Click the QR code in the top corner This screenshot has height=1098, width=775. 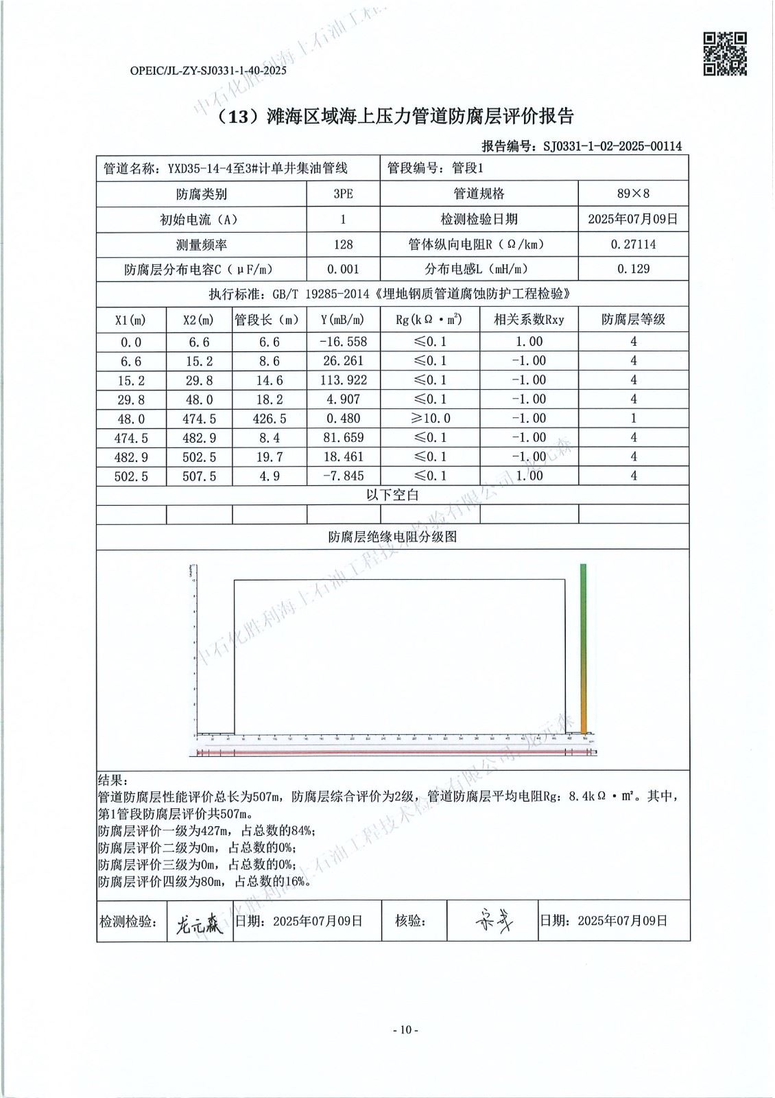[x=725, y=54]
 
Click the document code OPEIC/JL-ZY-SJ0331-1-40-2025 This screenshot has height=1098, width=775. [x=207, y=71]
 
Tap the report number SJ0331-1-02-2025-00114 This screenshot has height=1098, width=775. [x=612, y=145]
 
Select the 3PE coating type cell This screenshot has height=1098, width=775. [x=343, y=194]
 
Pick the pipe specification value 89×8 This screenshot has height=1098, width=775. [x=633, y=194]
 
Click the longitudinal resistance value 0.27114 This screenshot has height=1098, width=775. [x=633, y=244]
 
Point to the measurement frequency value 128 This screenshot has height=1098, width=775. [x=343, y=244]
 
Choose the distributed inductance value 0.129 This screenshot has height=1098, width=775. [x=633, y=269]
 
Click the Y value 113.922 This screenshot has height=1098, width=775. [x=344, y=380]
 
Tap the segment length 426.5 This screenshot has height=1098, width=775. [x=270, y=419]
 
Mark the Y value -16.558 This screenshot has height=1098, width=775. [x=343, y=342]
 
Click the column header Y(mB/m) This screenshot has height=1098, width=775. [x=342, y=320]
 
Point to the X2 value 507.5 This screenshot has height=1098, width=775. [x=199, y=476]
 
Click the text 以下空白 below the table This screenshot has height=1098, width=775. [x=392, y=495]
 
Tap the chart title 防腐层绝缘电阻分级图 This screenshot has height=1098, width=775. [x=392, y=537]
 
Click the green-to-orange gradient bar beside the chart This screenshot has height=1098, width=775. [x=584, y=649]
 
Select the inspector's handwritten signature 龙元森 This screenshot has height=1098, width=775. [x=199, y=923]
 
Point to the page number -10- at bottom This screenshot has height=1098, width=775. [x=405, y=1029]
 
